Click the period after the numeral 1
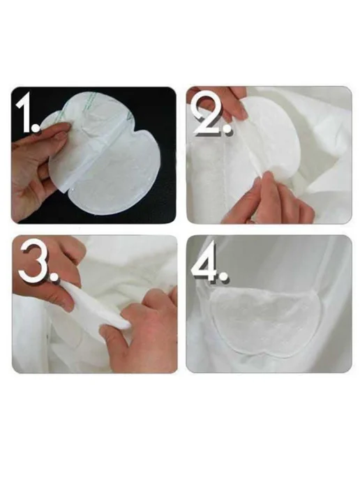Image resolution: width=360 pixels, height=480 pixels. click(x=36, y=128)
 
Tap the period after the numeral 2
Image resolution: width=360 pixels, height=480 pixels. click(x=228, y=130)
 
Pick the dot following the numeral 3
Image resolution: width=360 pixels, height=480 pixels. click(x=54, y=276)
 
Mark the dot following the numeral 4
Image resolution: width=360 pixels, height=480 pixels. click(x=224, y=275)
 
